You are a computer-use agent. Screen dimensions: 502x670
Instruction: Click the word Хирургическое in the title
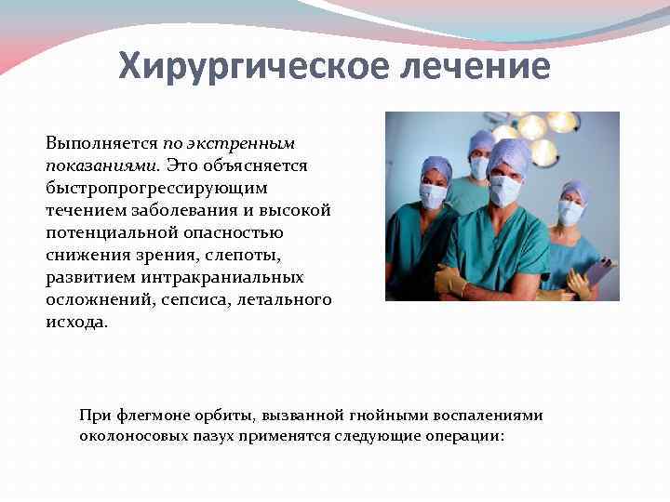click(x=234, y=66)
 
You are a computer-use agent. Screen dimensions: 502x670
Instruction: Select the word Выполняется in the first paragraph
click(x=101, y=144)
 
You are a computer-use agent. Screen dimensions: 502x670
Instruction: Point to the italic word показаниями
click(x=102, y=165)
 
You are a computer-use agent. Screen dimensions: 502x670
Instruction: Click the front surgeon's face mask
click(x=505, y=191)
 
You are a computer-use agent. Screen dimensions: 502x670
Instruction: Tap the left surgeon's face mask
click(x=434, y=197)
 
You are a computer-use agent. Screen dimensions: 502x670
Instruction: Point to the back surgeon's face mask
click(x=479, y=168)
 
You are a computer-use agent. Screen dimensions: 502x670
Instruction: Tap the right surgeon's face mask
click(x=569, y=212)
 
